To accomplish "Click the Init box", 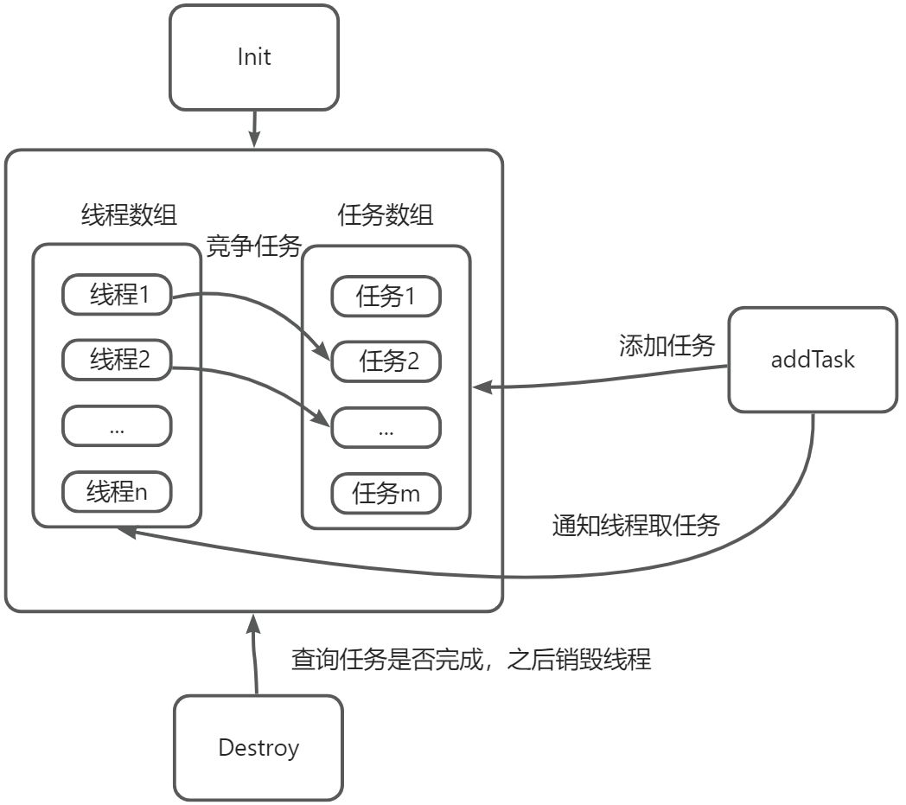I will [x=254, y=58].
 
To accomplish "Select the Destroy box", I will [x=258, y=748].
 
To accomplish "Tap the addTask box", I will [x=812, y=360].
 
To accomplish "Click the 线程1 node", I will [x=117, y=297].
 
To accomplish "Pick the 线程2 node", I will [x=117, y=361].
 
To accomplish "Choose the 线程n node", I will [x=117, y=492].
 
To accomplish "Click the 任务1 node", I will [x=386, y=297].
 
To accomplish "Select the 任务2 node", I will [x=386, y=362].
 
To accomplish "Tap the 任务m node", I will [x=386, y=494].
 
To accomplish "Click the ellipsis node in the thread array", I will [x=117, y=426].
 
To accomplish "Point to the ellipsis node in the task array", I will [x=386, y=428].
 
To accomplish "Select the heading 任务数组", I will [x=386, y=214].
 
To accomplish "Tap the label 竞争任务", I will [x=253, y=247].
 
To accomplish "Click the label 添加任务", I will [x=667, y=346].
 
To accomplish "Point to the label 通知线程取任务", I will [x=635, y=525].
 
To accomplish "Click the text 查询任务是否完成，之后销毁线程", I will [x=470, y=661].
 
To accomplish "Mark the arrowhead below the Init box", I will [x=254, y=139].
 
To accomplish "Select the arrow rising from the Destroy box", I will [x=254, y=657].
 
